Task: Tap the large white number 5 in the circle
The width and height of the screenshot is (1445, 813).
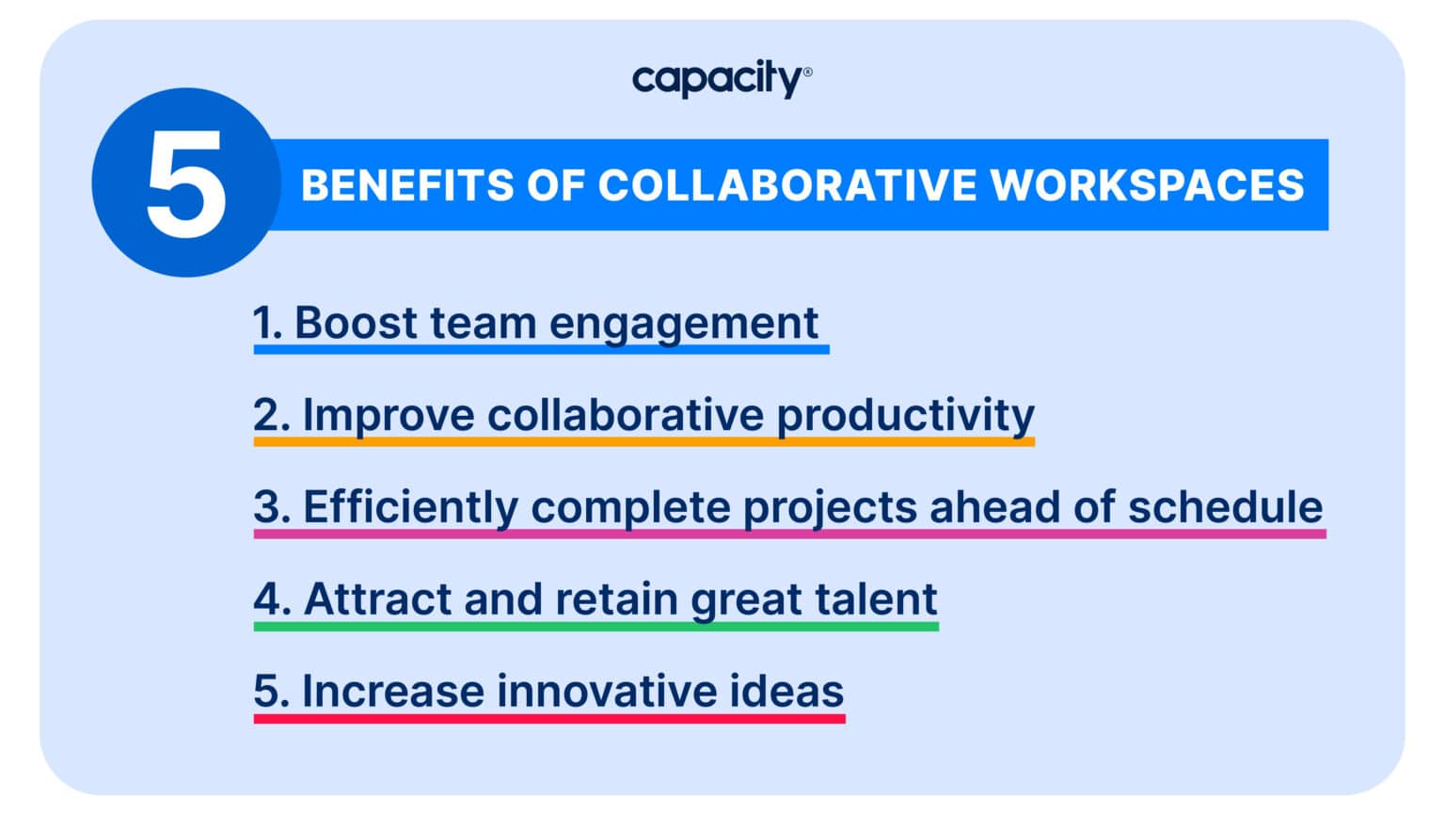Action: coord(186,183)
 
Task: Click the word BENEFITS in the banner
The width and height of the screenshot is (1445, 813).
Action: coord(407,185)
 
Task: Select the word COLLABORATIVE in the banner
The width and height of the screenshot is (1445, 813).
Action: coord(786,185)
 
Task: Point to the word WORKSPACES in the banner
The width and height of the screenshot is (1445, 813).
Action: coord(1147,185)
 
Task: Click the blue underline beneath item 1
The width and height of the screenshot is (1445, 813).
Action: coord(541,349)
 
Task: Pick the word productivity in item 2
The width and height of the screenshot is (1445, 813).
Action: coord(905,416)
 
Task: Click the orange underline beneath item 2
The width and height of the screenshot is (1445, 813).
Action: coord(643,440)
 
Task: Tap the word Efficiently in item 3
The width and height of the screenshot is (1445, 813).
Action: coord(410,508)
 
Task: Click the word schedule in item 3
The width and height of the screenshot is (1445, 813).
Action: coord(1225,507)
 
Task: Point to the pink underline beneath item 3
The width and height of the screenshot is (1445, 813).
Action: coord(789,534)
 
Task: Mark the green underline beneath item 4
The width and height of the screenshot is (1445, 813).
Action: coord(595,626)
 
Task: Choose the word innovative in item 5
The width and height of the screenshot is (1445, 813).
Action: coord(607,692)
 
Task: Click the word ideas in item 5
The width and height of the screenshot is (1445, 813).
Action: coord(786,692)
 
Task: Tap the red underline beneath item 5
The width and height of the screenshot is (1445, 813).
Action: coord(548,718)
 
